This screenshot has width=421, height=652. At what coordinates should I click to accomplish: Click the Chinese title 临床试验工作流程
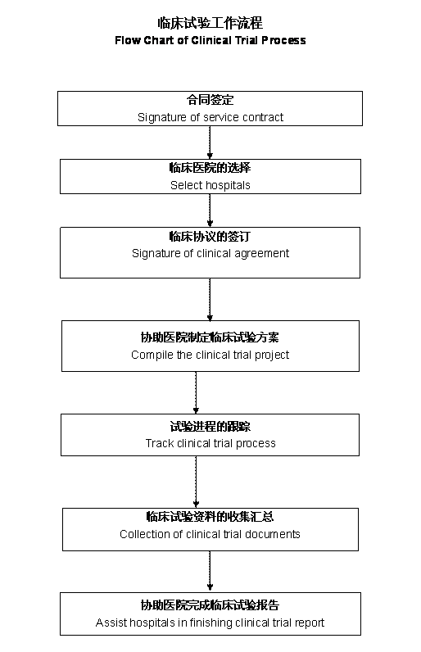210,23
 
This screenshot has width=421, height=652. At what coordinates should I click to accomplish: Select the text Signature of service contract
210,117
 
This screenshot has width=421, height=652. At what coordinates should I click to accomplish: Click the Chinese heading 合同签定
210,100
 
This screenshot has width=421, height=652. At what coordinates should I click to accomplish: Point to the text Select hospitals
210,185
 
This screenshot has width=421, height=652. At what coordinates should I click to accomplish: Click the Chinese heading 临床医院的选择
210,168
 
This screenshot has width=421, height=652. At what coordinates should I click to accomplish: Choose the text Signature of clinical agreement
210,253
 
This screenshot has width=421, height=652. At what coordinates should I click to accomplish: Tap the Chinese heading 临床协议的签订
210,236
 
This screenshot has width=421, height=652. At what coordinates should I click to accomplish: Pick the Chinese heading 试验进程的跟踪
210,426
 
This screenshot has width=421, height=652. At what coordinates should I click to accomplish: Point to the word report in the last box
310,623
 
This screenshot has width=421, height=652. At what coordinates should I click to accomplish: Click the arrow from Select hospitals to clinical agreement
210,211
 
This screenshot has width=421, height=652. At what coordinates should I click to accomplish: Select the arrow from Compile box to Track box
196,392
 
